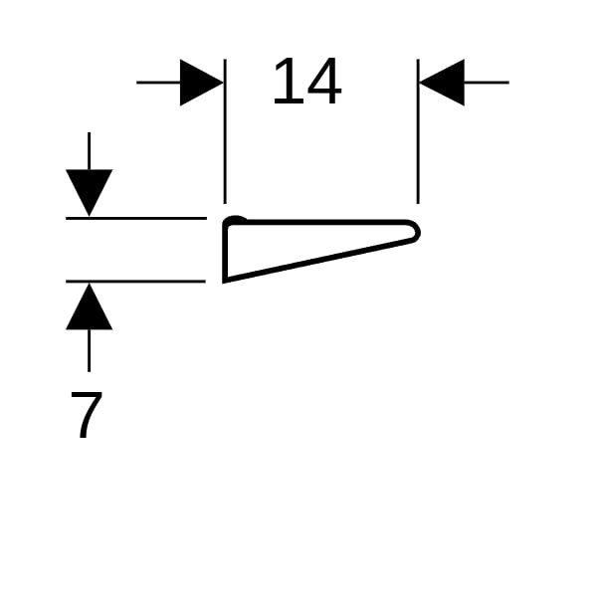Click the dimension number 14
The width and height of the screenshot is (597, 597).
[307, 81]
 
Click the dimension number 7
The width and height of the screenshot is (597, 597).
[87, 415]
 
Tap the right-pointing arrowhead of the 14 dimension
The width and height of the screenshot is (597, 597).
[201, 83]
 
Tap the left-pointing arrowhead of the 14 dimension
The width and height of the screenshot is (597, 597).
[442, 83]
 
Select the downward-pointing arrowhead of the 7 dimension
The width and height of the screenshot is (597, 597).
[90, 192]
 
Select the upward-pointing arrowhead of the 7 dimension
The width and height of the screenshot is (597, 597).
[90, 306]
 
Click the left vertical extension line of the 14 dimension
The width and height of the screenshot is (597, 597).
[225, 131]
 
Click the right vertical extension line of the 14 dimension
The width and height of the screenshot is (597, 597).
[418, 131]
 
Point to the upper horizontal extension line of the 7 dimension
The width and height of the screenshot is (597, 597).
[136, 218]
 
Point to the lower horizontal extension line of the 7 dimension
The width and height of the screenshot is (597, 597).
[135, 282]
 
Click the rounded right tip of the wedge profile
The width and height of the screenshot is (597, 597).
[417, 231]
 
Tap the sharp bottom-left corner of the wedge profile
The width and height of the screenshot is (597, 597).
[224, 282]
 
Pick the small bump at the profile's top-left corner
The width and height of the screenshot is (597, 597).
[235, 219]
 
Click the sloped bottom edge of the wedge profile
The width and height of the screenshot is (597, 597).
[319, 260]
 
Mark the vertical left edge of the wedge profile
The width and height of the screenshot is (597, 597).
[225, 252]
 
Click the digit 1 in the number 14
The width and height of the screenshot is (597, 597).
[289, 81]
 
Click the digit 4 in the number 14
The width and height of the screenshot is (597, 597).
[324, 81]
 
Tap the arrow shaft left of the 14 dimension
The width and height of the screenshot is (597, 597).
[158, 83]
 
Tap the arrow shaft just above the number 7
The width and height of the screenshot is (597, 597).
[90, 350]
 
